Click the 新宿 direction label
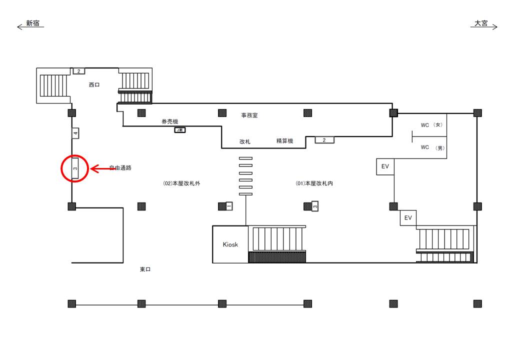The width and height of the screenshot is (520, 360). [32, 23]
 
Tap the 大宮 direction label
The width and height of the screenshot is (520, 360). [481, 23]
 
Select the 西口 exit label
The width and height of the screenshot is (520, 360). [94, 85]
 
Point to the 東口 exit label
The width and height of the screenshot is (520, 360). [145, 269]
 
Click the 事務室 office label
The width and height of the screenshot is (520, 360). [249, 115]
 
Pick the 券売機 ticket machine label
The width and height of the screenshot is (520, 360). [169, 121]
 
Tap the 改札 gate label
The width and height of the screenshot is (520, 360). [244, 142]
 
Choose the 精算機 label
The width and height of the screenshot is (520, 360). [284, 141]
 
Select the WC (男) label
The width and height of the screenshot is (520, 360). [431, 148]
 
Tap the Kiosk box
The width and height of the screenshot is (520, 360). [230, 244]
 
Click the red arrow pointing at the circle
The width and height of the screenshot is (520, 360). [102, 169]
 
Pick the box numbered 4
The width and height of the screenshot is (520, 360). [75, 133]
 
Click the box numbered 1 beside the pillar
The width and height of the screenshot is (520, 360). [229, 206]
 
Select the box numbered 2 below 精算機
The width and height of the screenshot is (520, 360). [324, 140]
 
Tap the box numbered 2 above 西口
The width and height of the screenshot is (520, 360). [78, 71]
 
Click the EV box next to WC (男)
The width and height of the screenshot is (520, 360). [385, 166]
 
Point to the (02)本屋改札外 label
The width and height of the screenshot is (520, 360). [181, 183]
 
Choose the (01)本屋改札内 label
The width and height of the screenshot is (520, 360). [314, 183]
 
